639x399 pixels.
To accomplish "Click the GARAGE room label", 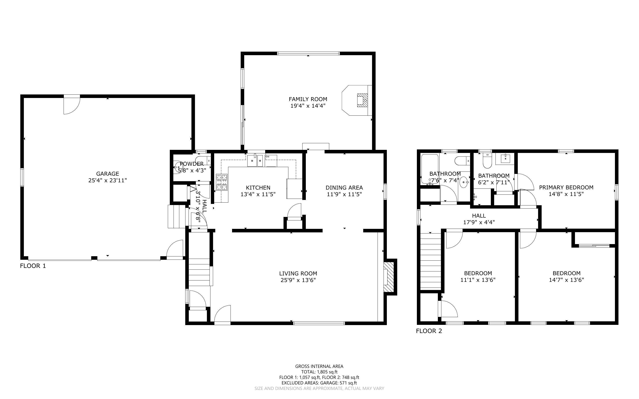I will (108, 174).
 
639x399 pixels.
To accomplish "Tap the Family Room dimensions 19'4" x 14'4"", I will (308, 106).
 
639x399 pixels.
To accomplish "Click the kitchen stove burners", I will (222, 182).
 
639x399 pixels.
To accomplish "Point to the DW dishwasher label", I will (267, 157).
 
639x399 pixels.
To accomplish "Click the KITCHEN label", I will (258, 188).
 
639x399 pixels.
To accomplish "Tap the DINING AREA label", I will (344, 188).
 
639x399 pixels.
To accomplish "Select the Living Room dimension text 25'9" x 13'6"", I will (298, 280).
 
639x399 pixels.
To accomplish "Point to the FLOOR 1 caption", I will (33, 266).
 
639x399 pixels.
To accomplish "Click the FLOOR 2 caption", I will (429, 331).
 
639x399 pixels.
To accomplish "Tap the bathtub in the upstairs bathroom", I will (430, 169).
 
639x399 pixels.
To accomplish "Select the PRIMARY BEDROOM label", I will (566, 187).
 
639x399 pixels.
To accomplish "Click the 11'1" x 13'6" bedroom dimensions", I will (478, 280).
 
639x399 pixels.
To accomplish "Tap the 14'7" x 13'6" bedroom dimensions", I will (566, 280).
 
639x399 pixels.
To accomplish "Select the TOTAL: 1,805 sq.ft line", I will (319, 372).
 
